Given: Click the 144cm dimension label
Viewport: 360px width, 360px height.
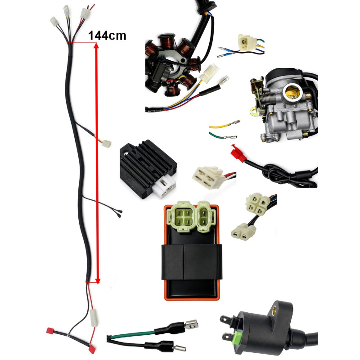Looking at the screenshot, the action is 107,36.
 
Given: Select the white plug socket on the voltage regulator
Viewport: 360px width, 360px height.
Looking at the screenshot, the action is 166,187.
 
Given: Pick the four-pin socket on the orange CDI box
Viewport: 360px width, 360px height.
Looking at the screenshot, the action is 182,217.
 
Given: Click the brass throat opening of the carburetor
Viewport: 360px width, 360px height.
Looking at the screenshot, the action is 292,92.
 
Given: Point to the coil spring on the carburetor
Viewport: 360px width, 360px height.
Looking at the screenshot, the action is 269,100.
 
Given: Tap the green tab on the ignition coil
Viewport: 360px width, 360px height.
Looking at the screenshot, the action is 238,337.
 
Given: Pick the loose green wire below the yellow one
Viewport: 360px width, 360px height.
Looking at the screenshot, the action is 223,136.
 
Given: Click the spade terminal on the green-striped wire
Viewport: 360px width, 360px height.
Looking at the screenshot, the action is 191,324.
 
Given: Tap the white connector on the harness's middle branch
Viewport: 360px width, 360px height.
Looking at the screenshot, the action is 107,144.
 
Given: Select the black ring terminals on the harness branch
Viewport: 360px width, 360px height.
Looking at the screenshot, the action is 118,213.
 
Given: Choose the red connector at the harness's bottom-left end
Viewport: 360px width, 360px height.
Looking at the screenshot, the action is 50,331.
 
